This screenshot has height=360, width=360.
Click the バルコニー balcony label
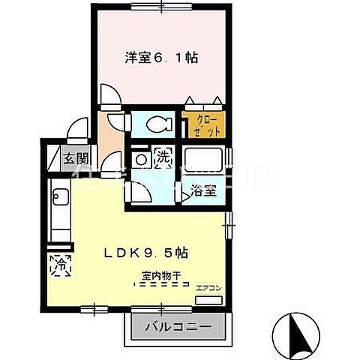coord(178,327)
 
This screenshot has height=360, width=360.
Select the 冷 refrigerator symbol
coord(59,265)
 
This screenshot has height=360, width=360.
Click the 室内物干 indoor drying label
coord(152,275)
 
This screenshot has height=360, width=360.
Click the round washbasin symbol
coord(140,159)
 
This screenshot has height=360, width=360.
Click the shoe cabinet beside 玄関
coord(52,159)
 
